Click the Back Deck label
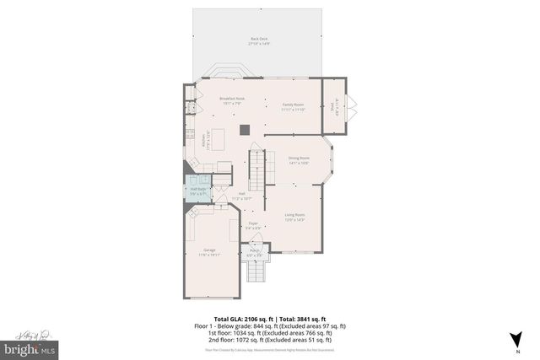pos(258,40)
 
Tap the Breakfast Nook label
pos(231,101)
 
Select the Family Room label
pos(293,106)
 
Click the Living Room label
pos(294,218)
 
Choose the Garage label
pos(208,252)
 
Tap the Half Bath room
pos(199,190)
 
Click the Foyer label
pos(252,225)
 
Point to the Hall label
pos(242,196)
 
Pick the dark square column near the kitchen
pos(244,129)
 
